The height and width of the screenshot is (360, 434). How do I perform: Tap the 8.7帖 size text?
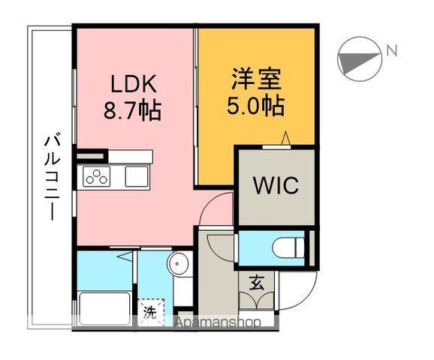(132, 111)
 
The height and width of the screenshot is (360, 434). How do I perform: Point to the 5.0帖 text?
(255, 106)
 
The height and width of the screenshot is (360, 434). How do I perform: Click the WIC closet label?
(275, 184)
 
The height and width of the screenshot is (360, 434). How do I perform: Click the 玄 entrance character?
(257, 283)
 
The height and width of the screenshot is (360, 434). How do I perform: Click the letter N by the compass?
(390, 51)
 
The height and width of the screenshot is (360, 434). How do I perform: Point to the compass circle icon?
(357, 57)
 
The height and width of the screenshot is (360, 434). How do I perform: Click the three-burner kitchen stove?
(97, 177)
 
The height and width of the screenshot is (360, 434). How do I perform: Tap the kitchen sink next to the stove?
(137, 177)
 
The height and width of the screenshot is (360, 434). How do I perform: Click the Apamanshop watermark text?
(218, 322)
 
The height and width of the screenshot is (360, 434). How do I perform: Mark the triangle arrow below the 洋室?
(285, 138)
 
